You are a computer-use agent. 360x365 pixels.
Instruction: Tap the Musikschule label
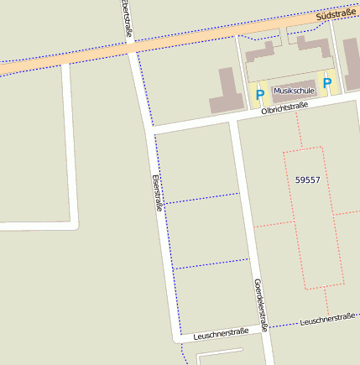click(293, 91)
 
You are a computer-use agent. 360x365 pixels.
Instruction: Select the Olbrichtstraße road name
click(284, 108)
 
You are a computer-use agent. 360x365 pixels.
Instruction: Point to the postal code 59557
click(308, 180)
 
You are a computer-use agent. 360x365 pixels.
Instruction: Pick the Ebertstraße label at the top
click(127, 18)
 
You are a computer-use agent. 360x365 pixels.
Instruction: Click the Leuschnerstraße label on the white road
click(220, 334)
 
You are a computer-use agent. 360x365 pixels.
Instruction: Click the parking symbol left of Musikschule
click(259, 95)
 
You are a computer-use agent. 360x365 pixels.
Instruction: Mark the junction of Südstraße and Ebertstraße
click(132, 49)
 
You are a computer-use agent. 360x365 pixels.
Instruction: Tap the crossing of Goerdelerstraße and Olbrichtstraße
click(235, 117)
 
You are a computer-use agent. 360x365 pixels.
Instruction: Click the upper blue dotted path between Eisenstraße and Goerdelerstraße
click(201, 198)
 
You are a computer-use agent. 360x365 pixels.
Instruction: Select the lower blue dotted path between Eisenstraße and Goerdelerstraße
click(212, 263)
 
